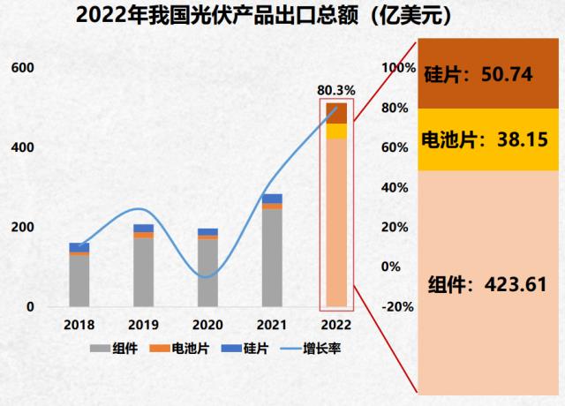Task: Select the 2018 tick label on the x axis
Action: point(79,324)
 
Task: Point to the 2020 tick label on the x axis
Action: point(207,324)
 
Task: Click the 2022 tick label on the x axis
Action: point(335,324)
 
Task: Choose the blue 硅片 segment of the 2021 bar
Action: point(272,199)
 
